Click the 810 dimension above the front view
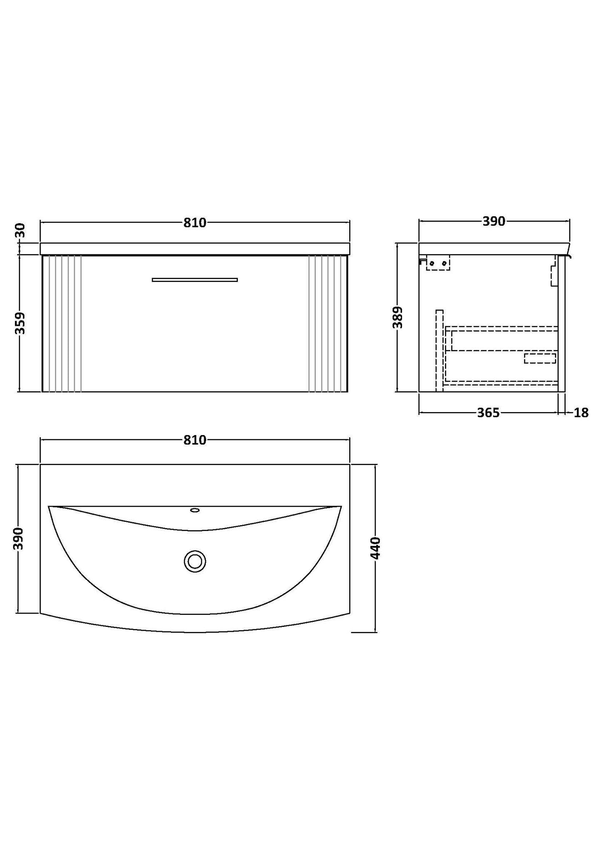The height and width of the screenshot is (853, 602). point(195,223)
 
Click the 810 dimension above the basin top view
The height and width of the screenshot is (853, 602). point(195,440)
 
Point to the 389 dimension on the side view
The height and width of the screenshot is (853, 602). point(398,317)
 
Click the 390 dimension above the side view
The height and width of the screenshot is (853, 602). point(494,221)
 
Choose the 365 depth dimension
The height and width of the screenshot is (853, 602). point(488,413)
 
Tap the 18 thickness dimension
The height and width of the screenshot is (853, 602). point(581,413)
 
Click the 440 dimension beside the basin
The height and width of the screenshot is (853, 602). point(376,548)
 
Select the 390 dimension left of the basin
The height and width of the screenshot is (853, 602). point(19,538)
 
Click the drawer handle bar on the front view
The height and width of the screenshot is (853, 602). point(195,280)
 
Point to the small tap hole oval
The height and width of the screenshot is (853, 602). point(195,510)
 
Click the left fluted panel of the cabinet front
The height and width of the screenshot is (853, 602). point(62,324)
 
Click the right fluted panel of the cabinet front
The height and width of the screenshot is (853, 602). point(328,324)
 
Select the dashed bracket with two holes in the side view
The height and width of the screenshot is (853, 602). point(438,263)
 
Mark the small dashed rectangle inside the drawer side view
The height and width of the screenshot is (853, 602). point(540,358)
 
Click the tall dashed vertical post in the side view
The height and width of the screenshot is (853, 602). point(439,350)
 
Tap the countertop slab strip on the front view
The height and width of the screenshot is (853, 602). point(195,249)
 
